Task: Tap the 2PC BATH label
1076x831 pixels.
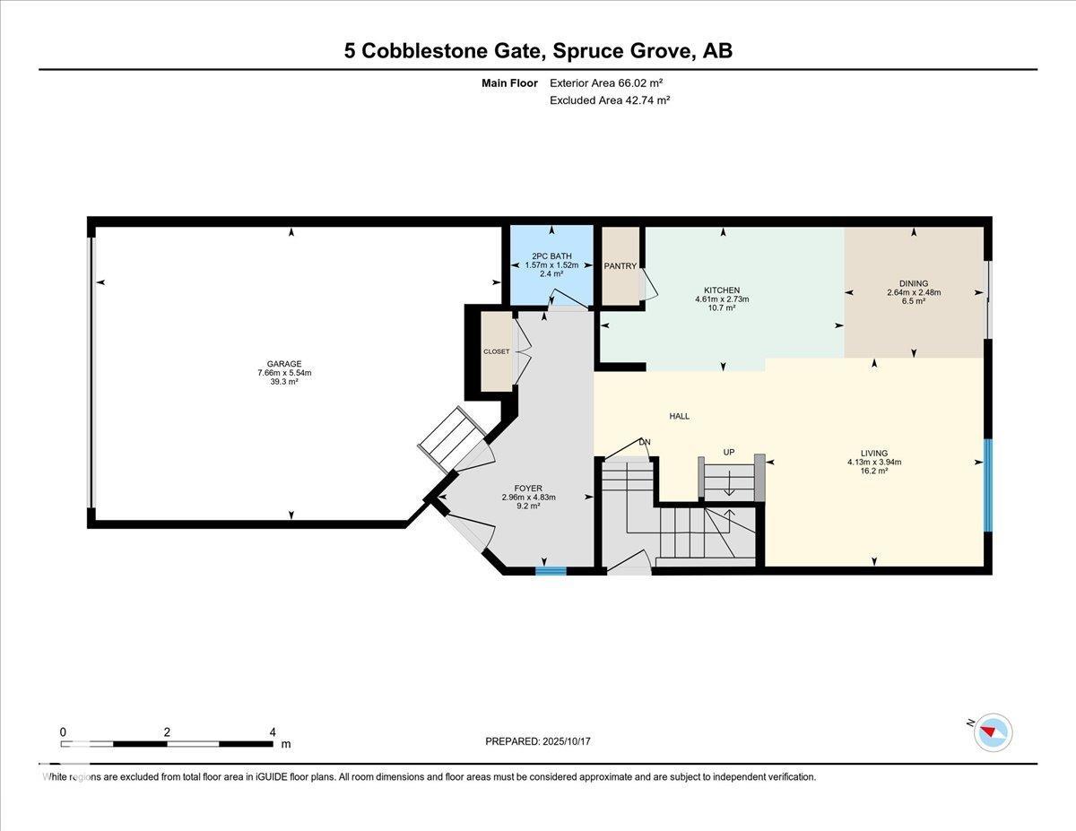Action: coord(551,256)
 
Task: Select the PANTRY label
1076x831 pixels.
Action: coord(620,266)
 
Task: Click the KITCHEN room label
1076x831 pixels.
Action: coord(722,290)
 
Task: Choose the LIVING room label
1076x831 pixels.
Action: coord(873,454)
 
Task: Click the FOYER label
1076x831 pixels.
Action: coord(529,489)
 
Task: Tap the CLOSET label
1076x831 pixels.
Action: coord(496,351)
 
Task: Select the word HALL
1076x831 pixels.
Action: coord(680,416)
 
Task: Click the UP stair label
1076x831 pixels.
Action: coord(729,453)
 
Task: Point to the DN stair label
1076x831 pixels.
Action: coord(644,442)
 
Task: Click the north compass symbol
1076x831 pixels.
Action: coord(993,731)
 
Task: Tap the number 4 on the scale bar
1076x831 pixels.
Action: coord(273,731)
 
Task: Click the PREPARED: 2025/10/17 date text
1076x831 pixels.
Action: coord(539,741)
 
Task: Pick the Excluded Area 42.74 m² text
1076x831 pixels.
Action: coord(610,100)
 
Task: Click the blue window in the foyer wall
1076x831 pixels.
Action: coord(551,570)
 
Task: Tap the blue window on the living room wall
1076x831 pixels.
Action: coord(988,485)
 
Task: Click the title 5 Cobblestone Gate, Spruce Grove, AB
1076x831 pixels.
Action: coord(538,50)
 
